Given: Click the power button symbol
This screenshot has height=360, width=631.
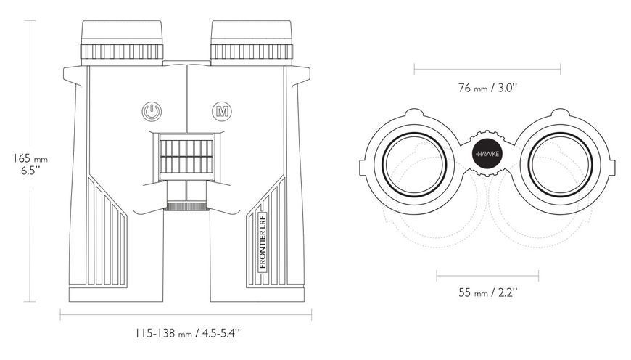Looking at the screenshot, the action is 152,111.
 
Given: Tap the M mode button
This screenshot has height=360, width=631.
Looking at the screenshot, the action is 222,111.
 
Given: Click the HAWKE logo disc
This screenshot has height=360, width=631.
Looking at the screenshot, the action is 487,154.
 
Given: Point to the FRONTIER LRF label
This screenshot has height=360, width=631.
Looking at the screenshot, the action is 263,241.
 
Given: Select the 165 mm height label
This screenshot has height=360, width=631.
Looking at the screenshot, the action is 30,163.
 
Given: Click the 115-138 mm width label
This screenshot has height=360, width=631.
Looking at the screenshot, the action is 188,333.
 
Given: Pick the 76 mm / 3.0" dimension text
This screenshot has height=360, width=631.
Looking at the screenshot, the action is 487,87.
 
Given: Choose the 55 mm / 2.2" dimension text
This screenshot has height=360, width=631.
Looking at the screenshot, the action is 487,292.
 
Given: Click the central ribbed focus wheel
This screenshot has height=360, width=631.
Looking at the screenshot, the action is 186,157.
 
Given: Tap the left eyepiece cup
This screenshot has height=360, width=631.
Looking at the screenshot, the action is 122,32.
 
